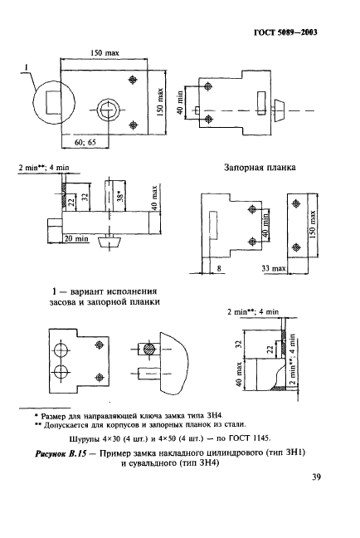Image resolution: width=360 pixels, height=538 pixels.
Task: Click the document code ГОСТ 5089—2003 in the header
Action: tap(291, 33)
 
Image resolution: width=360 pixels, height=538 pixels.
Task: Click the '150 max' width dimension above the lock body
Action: tap(105, 52)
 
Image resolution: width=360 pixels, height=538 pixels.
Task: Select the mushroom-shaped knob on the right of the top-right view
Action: tap(280, 110)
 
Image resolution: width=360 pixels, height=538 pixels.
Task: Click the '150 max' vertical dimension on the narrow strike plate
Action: tap(312, 222)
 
